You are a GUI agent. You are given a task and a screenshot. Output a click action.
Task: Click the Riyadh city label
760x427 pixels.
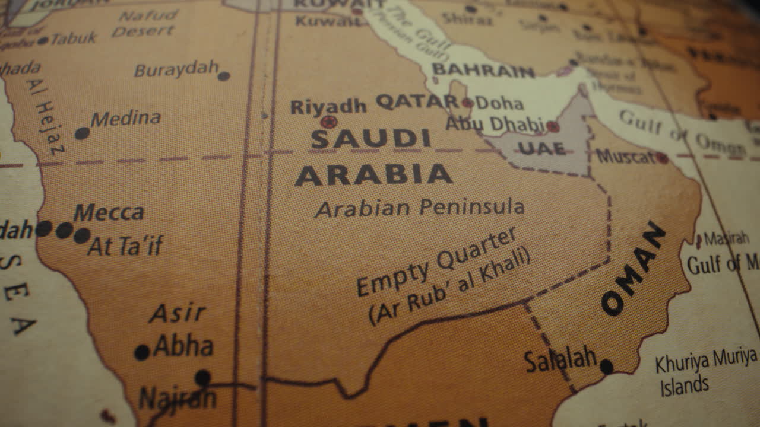328,107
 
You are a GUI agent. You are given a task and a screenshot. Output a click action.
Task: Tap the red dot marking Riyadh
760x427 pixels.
328,122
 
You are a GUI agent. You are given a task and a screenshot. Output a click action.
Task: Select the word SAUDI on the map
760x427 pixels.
370,139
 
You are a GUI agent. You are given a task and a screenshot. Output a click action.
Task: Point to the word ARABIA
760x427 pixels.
373,176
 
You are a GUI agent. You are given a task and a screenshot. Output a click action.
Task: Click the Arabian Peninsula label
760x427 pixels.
419,208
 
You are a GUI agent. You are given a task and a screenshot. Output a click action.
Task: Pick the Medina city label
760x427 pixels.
125,119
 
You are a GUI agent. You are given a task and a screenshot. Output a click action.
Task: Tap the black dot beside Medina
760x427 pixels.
82,133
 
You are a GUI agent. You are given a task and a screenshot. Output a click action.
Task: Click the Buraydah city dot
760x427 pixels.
224,76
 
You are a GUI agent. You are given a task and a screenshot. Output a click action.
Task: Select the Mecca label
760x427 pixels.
109,212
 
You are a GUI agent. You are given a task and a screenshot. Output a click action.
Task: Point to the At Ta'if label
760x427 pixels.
125,246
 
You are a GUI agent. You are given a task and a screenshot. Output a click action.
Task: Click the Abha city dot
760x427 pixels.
142,352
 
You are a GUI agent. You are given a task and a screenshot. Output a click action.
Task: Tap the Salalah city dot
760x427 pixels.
606,367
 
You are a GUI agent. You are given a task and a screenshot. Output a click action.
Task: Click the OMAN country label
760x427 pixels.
633,269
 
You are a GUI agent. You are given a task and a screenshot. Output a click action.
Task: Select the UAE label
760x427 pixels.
541,148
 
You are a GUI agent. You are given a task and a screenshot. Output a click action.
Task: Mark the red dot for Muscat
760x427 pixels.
662,158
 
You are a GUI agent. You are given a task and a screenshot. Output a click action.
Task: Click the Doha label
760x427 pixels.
499,103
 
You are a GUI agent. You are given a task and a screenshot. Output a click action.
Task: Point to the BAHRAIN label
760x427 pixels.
483,71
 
